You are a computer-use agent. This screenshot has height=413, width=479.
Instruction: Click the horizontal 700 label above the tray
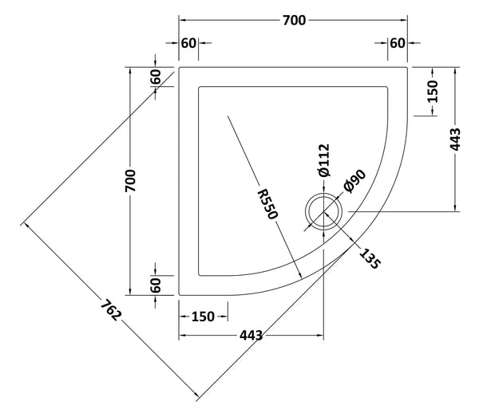tap(294, 22)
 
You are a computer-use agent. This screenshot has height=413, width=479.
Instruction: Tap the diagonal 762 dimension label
tap(111, 309)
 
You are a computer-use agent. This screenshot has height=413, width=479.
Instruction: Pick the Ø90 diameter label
tap(354, 183)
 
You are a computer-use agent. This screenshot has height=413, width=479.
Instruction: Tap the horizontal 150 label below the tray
tap(203, 317)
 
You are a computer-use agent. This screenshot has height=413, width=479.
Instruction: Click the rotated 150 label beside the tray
tap(432, 92)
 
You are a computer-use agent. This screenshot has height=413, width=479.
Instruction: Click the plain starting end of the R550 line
tap(228, 116)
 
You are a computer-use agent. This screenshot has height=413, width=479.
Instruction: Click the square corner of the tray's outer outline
tap(180, 67)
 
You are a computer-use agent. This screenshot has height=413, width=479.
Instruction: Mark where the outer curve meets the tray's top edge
tap(408, 67)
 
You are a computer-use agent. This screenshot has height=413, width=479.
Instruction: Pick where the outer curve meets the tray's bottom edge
tap(180, 294)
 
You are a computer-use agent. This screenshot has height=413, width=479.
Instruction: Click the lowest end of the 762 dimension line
tap(196, 396)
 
